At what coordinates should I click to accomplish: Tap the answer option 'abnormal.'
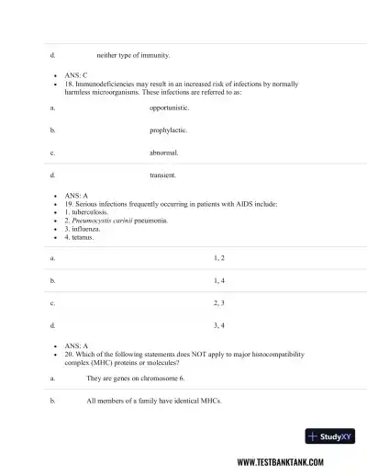pyautogui.click(x=164, y=153)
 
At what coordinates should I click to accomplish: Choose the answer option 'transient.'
pyautogui.click(x=163, y=175)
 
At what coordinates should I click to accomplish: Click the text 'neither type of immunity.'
pyautogui.click(x=133, y=55)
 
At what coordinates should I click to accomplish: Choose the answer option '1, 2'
pyautogui.click(x=219, y=258)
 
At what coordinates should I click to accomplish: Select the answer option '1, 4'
pyautogui.click(x=219, y=280)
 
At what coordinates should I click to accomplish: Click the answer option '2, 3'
pyautogui.click(x=219, y=302)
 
